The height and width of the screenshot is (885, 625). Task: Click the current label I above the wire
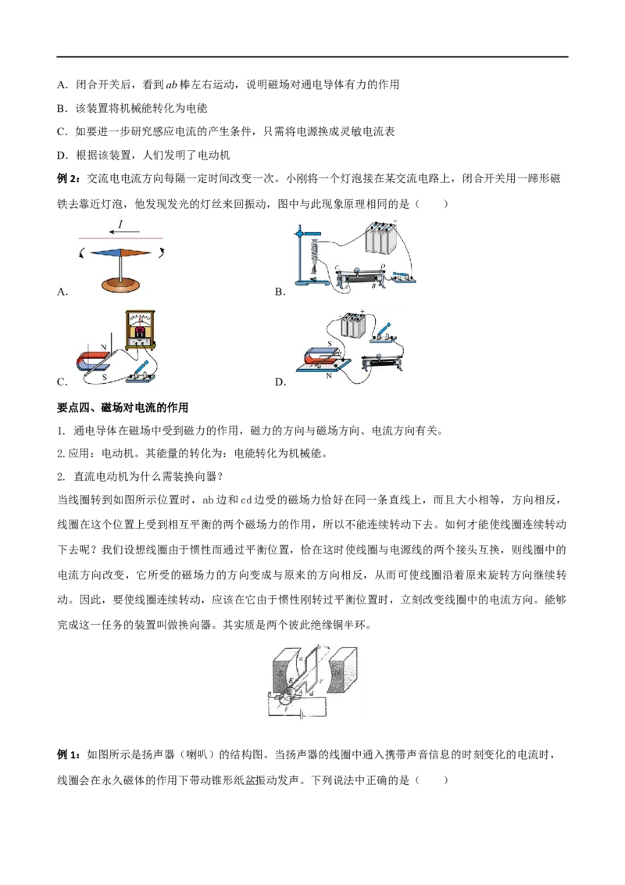tap(121, 224)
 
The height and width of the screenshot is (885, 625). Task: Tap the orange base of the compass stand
tap(120, 284)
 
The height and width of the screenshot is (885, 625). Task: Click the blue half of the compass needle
tap(105, 253)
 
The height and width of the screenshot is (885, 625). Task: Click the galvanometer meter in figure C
tap(140, 328)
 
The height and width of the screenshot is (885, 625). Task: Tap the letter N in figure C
tap(104, 347)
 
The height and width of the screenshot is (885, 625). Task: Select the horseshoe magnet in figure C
tap(96, 360)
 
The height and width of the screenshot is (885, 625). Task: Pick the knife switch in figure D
tap(384, 334)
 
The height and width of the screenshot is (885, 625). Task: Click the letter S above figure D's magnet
tap(330, 344)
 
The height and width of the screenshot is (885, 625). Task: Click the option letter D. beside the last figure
tap(280, 382)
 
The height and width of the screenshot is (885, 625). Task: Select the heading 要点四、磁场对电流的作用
tap(123, 407)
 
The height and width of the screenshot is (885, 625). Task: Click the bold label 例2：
tap(70, 179)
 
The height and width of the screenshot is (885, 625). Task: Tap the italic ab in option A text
tap(171, 84)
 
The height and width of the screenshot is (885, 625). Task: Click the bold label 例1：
tap(70, 754)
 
